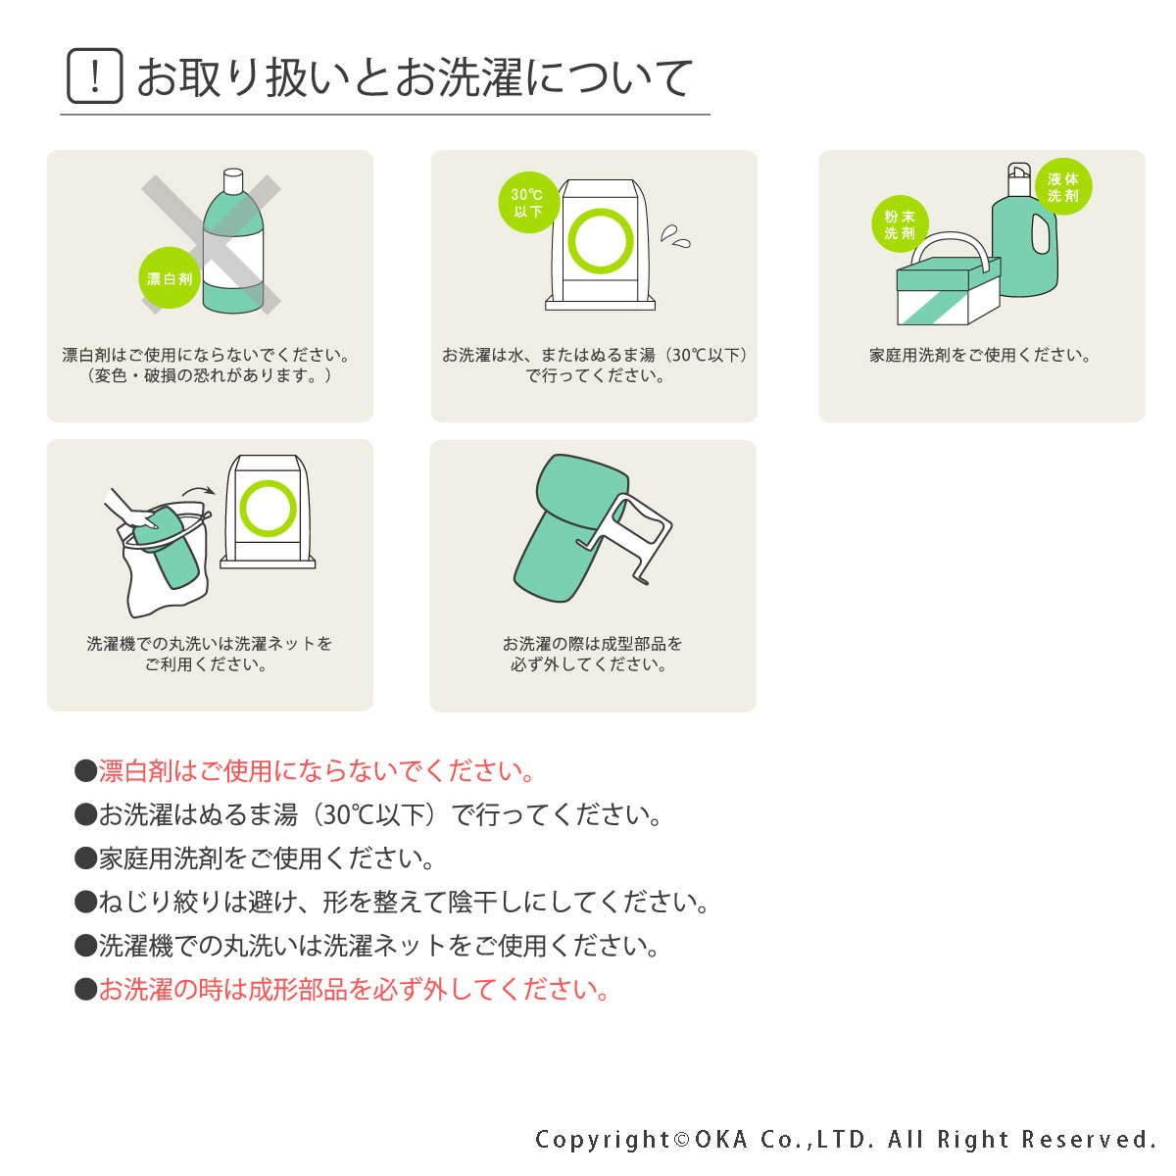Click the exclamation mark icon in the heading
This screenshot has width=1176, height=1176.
click(x=95, y=76)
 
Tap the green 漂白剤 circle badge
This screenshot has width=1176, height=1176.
click(x=170, y=278)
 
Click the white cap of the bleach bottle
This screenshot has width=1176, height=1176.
click(x=233, y=180)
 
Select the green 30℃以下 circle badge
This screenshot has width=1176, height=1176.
click(x=528, y=203)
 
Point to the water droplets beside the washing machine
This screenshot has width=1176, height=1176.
click(x=675, y=237)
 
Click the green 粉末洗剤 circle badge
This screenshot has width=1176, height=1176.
click(x=900, y=224)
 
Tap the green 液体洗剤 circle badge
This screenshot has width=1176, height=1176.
click(x=1063, y=187)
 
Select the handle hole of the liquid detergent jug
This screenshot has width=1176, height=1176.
click(x=1041, y=234)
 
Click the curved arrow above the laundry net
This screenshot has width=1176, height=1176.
click(x=199, y=490)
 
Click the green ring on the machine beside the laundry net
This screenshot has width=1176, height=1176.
click(x=268, y=509)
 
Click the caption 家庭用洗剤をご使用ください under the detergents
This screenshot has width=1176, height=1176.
click(x=980, y=355)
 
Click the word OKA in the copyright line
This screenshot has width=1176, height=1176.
click(x=720, y=1139)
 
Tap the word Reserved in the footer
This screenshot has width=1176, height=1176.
click(x=1090, y=1139)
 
